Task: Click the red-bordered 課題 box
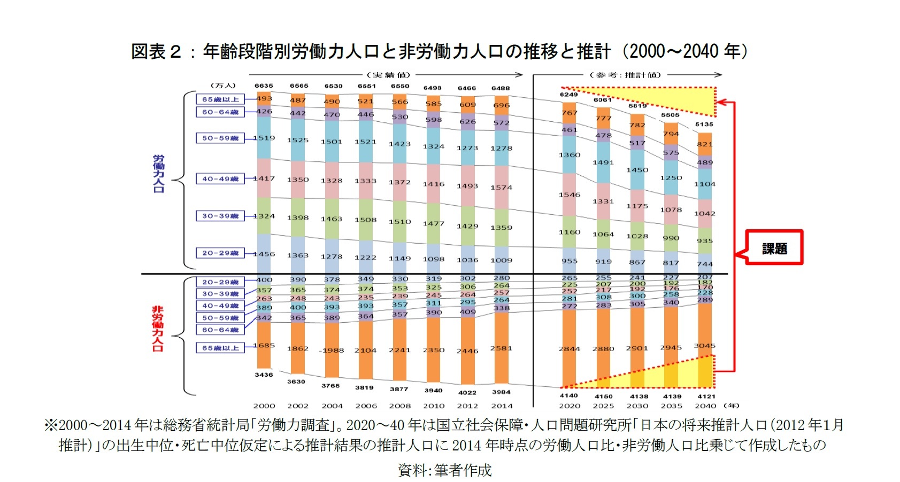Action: click(774, 248)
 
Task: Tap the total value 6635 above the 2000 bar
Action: click(264, 85)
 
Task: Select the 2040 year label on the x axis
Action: click(705, 406)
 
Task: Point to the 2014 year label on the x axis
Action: click(502, 406)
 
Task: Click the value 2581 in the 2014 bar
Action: click(501, 348)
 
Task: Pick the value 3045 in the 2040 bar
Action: click(705, 346)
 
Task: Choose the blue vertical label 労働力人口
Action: click(159, 174)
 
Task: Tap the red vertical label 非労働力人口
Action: click(158, 328)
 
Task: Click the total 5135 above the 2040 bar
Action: click(704, 125)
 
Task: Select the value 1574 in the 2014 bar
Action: click(501, 188)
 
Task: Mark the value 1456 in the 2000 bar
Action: click(264, 254)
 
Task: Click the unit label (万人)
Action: click(222, 85)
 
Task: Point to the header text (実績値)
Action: click(388, 75)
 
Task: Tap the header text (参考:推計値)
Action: click(625, 75)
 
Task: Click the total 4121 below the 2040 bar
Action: click(705, 396)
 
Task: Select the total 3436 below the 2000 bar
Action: click(264, 375)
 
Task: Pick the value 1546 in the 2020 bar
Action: click(570, 195)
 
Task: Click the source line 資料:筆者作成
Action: click(444, 470)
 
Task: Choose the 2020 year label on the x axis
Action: click(570, 406)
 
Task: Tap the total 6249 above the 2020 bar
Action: click(568, 95)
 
